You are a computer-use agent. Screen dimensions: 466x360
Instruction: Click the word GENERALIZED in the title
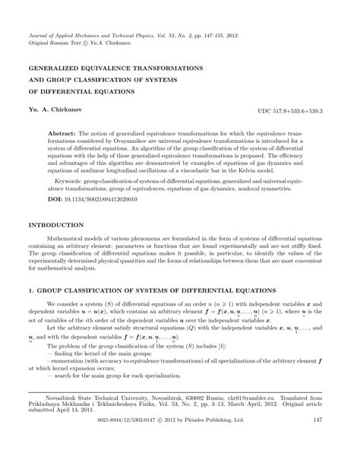tap(58, 68)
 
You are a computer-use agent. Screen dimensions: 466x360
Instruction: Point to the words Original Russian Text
tap(58, 44)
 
